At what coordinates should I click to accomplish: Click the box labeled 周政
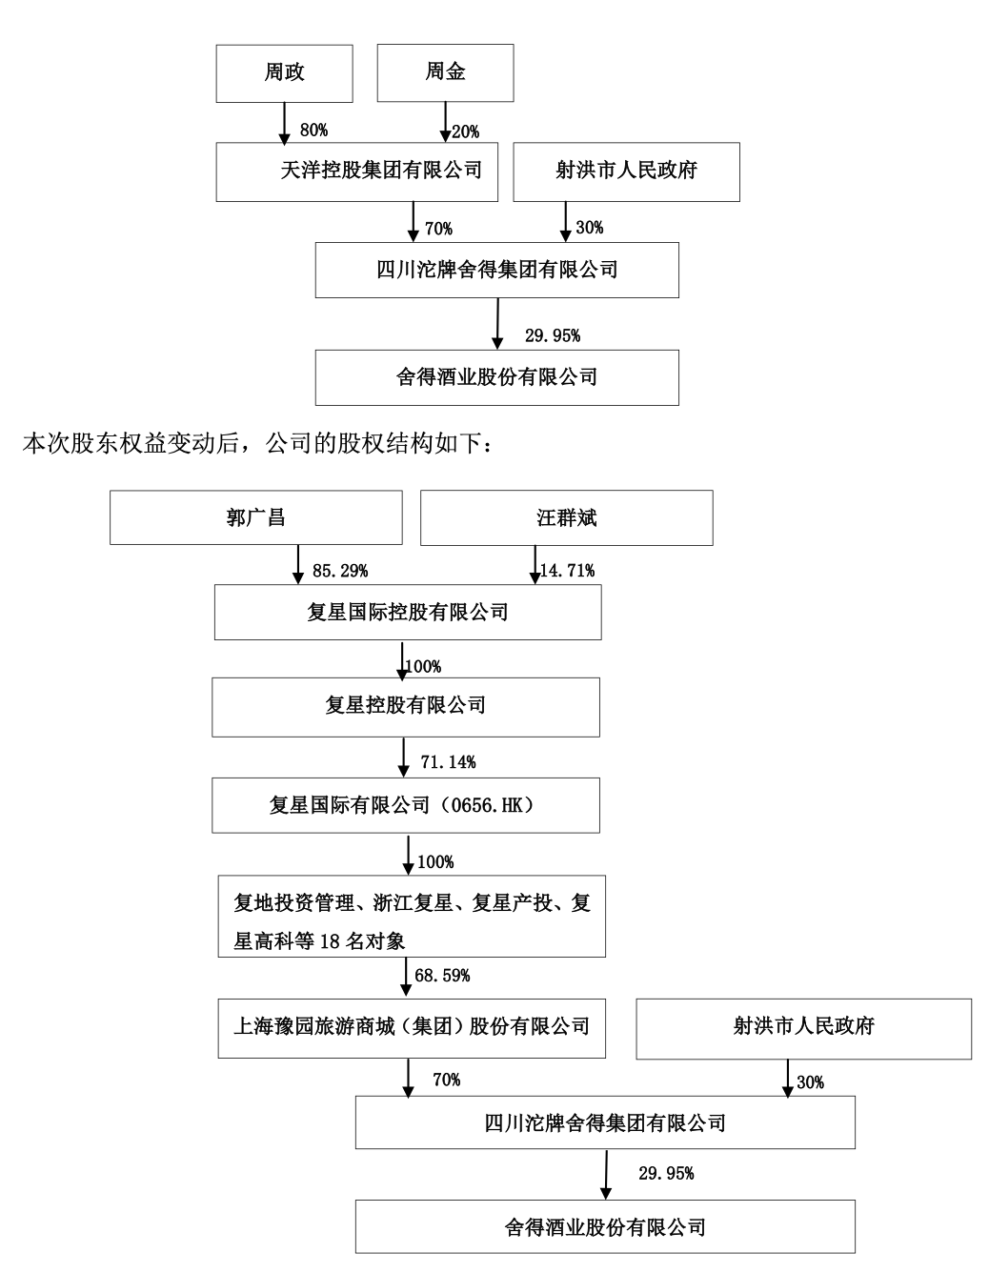click(x=284, y=72)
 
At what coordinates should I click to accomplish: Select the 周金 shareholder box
click(x=445, y=72)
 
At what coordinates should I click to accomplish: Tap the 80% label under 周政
click(x=313, y=131)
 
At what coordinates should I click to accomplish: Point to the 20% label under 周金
click(x=466, y=131)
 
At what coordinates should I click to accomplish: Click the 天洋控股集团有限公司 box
click(x=357, y=172)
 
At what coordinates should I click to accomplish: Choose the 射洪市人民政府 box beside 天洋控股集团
click(x=626, y=172)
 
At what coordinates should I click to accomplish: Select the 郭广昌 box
click(x=255, y=517)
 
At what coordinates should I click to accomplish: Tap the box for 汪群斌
click(x=566, y=517)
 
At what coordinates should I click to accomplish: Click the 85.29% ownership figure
click(x=340, y=571)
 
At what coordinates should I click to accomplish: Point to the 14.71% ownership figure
click(x=567, y=571)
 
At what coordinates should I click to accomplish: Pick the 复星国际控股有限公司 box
click(x=408, y=612)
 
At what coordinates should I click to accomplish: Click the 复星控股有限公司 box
click(x=406, y=706)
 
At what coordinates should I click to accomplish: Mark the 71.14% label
click(x=448, y=761)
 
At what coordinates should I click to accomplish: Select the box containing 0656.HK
click(x=406, y=805)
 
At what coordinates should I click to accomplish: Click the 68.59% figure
click(x=442, y=976)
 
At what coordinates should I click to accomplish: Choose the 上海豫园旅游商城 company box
click(x=412, y=1027)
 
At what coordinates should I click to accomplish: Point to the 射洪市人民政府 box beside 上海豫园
click(x=803, y=1027)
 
